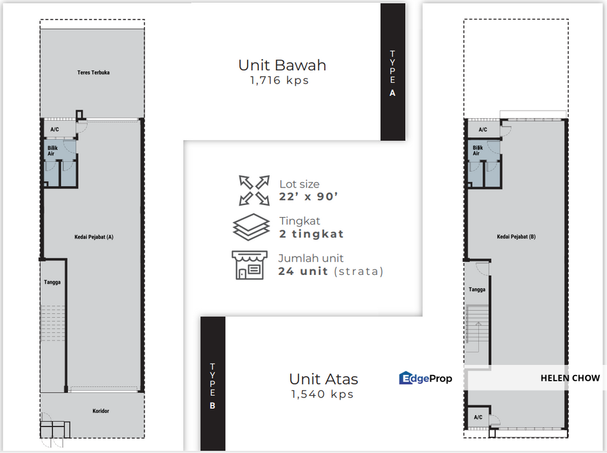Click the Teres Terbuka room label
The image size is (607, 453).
pyautogui.click(x=93, y=72)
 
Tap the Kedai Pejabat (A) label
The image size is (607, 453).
pyautogui.click(x=94, y=237)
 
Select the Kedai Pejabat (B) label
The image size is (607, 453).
pyautogui.click(x=517, y=237)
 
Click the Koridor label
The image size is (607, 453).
pyautogui.click(x=101, y=411)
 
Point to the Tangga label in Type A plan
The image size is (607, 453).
pyautogui.click(x=52, y=282)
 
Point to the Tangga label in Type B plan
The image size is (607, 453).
pyautogui.click(x=477, y=289)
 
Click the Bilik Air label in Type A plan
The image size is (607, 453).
pyautogui.click(x=52, y=151)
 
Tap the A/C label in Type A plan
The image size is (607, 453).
pyautogui.click(x=55, y=130)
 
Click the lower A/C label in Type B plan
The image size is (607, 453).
pyautogui.click(x=478, y=417)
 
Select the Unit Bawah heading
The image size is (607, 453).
pyautogui.click(x=282, y=65)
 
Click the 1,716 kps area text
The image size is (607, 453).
pyautogui.click(x=280, y=80)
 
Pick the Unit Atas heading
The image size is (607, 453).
pyautogui.click(x=324, y=379)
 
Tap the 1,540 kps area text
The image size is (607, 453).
pyautogui.click(x=322, y=394)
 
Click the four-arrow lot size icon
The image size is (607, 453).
pyautogui.click(x=254, y=190)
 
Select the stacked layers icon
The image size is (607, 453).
pyautogui.click(x=251, y=227)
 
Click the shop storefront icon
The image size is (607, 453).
pyautogui.click(x=249, y=265)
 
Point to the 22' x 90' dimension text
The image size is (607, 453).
pyautogui.click(x=309, y=196)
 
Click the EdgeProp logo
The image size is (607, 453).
pyautogui.click(x=425, y=378)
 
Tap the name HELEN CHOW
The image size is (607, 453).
pyautogui.click(x=570, y=378)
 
